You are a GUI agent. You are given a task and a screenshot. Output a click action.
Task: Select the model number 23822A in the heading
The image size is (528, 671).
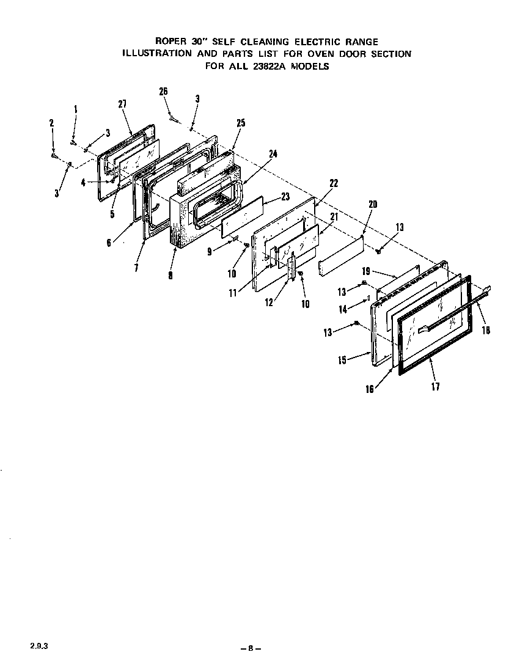click(279, 67)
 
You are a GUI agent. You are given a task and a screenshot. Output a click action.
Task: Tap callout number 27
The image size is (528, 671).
click(122, 104)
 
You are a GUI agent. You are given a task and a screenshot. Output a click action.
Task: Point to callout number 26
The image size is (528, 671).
click(163, 92)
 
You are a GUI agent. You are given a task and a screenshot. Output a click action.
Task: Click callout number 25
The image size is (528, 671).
click(240, 123)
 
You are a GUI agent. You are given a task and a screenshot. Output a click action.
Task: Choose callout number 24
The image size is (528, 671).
click(273, 154)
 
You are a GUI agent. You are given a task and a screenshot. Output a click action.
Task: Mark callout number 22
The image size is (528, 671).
click(333, 183)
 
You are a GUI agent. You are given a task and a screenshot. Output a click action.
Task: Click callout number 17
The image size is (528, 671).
click(435, 386)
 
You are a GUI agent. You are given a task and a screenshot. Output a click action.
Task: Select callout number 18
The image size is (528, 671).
click(486, 331)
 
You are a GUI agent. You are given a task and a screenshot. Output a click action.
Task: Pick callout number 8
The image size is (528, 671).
click(170, 276)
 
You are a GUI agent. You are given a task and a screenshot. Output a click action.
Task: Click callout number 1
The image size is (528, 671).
click(76, 109)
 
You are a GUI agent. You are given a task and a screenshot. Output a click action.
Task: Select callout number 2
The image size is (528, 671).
click(51, 123)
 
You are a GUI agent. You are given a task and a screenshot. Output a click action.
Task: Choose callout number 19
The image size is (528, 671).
click(366, 270)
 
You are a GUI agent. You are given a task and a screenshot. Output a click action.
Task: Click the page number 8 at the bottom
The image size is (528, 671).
click(250, 648)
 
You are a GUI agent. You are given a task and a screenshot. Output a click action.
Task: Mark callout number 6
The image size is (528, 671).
click(108, 242)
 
